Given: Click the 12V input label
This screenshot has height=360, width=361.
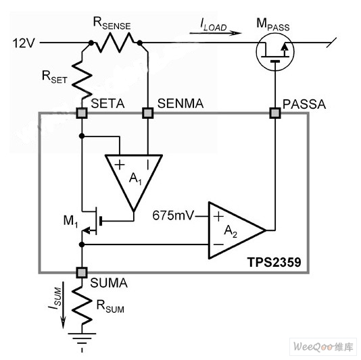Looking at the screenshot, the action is pyautogui.click(x=24, y=43).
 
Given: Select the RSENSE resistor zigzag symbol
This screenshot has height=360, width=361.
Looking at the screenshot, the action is pyautogui.click(x=115, y=43).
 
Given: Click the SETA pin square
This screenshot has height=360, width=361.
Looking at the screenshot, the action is pyautogui.click(x=82, y=113).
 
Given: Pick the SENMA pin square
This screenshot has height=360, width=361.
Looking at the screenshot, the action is pyautogui.click(x=148, y=113).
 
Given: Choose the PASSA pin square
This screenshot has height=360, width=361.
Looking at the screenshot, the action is pyautogui.click(x=275, y=113).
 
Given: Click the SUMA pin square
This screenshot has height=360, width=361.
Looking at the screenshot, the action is pyautogui.click(x=82, y=273).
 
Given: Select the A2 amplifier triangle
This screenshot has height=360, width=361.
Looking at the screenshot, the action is pyautogui.click(x=237, y=230).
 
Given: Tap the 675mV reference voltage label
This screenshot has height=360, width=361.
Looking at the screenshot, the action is pyautogui.click(x=173, y=215).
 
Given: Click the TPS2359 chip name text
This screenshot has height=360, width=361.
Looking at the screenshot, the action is pyautogui.click(x=274, y=262).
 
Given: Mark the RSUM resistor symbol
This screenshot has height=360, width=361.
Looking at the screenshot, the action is pyautogui.click(x=82, y=306).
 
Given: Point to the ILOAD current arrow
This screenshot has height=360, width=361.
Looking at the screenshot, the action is pyautogui.click(x=215, y=33).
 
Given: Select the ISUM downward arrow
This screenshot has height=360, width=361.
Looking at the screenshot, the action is pyautogui.click(x=63, y=305).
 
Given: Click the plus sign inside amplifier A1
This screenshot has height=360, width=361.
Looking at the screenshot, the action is pyautogui.click(x=120, y=165).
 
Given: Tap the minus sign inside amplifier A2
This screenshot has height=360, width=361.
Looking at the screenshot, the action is pyautogui.click(x=218, y=245).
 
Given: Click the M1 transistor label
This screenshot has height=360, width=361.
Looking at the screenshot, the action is pyautogui.click(x=71, y=222).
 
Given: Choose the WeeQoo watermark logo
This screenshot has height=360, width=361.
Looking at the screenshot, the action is pyautogui.click(x=323, y=346).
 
